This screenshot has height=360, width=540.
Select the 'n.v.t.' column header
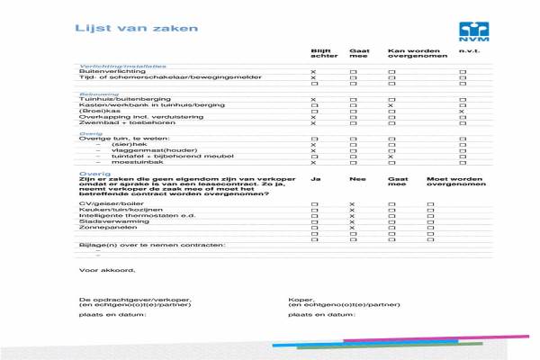coord(466,51)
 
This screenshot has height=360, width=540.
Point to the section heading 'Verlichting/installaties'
coord(122,65)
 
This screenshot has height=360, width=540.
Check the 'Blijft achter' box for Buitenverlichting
coord(313,71)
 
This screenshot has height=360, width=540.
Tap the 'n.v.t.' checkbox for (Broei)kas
coord(462,112)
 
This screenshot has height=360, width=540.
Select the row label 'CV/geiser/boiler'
coord(103,205)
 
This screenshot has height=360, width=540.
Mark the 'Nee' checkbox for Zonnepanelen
coord(353,227)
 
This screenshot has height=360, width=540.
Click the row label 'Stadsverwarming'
coord(104,221)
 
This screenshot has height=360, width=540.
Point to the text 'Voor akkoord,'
coord(107,270)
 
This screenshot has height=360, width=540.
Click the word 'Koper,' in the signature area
coord(301,299)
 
